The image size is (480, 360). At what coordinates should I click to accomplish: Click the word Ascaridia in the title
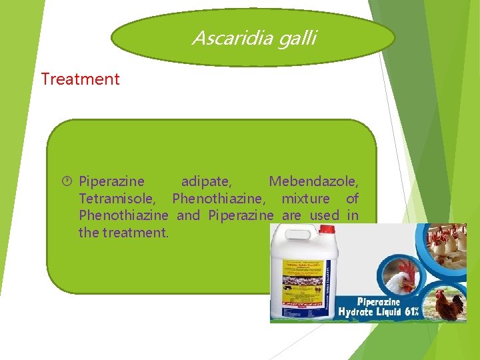click(x=223, y=38)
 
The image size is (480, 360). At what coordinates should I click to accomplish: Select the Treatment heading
click(x=80, y=79)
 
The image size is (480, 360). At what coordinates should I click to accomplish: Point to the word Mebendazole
click(x=313, y=181)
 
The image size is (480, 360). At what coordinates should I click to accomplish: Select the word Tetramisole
click(x=117, y=199)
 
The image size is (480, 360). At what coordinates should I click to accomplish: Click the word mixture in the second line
click(x=305, y=199)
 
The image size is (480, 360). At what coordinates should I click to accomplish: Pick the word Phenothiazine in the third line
click(x=123, y=216)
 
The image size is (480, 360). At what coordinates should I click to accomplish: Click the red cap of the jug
click(x=326, y=230)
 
